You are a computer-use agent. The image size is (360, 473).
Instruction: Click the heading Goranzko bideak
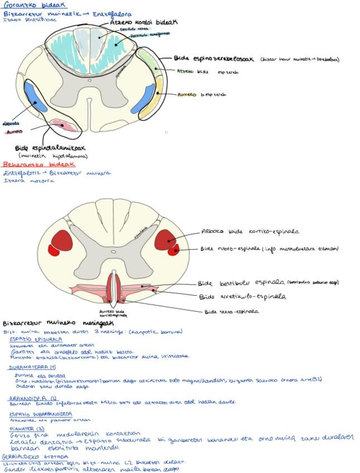coord(26,5)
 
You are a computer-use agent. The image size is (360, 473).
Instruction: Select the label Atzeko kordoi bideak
coord(143,22)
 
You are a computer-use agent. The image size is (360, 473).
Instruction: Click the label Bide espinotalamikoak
coord(50,148)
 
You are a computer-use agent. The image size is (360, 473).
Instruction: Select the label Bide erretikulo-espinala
coord(242,297)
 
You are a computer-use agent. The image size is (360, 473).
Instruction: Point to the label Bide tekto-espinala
coord(231,312)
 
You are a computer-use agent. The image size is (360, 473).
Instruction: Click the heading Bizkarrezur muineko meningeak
coord(58,323)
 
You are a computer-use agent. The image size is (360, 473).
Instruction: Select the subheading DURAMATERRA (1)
coord(32,368)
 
